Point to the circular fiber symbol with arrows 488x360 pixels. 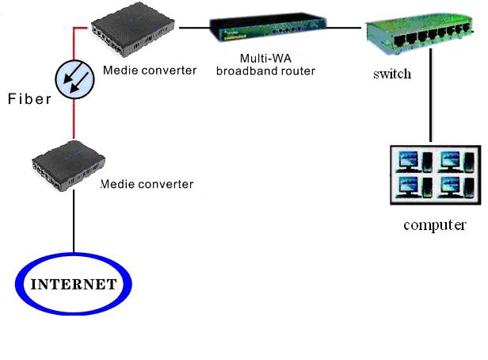point(74,80)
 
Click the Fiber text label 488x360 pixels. point(29,99)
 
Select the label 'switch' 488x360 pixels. point(392,75)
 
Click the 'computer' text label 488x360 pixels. point(434,224)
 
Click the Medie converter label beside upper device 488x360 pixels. point(150,70)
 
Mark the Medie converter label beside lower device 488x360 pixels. point(147,184)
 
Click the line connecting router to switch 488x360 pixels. point(345,28)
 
